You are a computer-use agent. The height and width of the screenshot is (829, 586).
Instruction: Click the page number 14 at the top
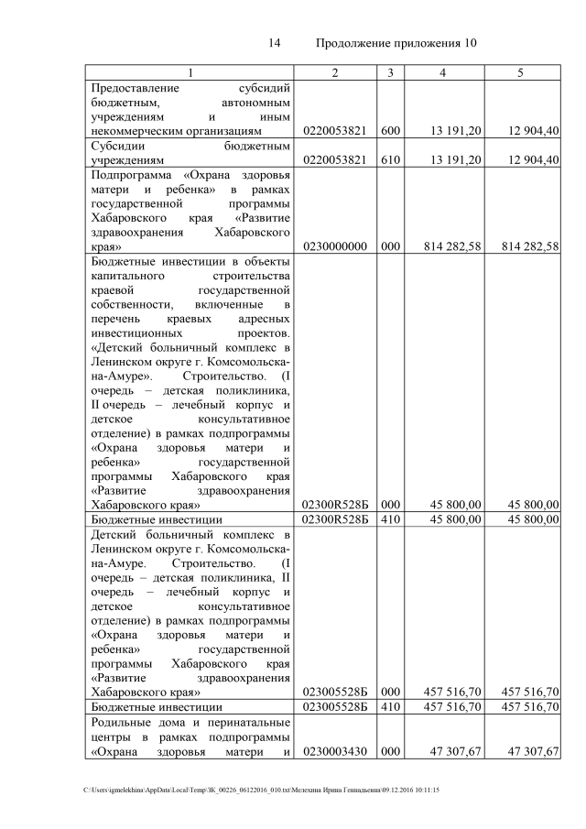(274, 43)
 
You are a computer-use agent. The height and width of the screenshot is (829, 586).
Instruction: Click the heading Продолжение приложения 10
(396, 43)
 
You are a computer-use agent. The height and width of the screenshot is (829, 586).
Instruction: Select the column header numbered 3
(390, 72)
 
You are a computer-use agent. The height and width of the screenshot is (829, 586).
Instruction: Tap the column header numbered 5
(520, 72)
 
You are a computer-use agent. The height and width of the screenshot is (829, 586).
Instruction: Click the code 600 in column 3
(390, 131)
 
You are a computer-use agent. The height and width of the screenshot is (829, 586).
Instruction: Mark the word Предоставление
(134, 88)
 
